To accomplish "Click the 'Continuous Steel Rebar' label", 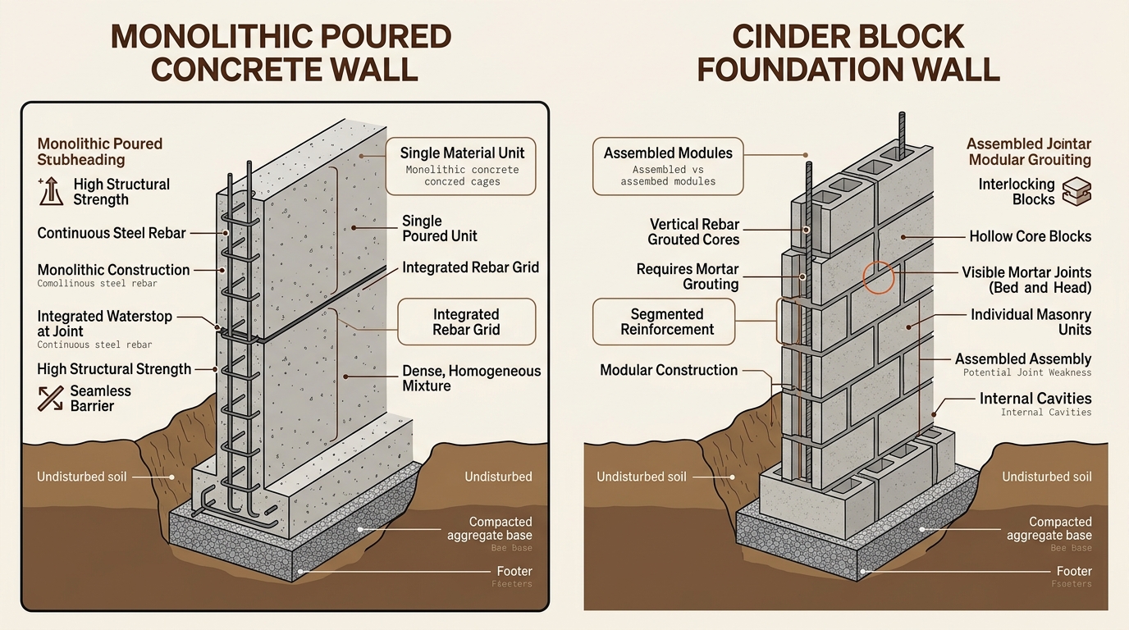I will pyautogui.click(x=112, y=233).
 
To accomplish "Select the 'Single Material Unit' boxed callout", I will pyautogui.click(x=462, y=166).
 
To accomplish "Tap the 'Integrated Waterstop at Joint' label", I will pyautogui.click(x=106, y=323).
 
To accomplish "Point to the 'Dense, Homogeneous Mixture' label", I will pyautogui.click(x=471, y=378).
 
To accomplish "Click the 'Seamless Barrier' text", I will pyautogui.click(x=100, y=399).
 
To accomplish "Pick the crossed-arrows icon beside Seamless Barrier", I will pyautogui.click(x=51, y=399).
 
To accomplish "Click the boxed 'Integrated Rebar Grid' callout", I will pyautogui.click(x=466, y=322).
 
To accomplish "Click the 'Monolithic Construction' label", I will pyautogui.click(x=113, y=270).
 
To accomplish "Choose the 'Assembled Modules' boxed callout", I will pyautogui.click(x=668, y=164).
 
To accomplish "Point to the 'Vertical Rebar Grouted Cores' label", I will pyautogui.click(x=693, y=232).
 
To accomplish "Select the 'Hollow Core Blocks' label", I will pyautogui.click(x=1030, y=236).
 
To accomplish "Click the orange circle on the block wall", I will pyautogui.click(x=879, y=278).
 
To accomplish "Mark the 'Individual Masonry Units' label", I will pyautogui.click(x=1031, y=322).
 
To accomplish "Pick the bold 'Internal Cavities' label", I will pyautogui.click(x=1035, y=399).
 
